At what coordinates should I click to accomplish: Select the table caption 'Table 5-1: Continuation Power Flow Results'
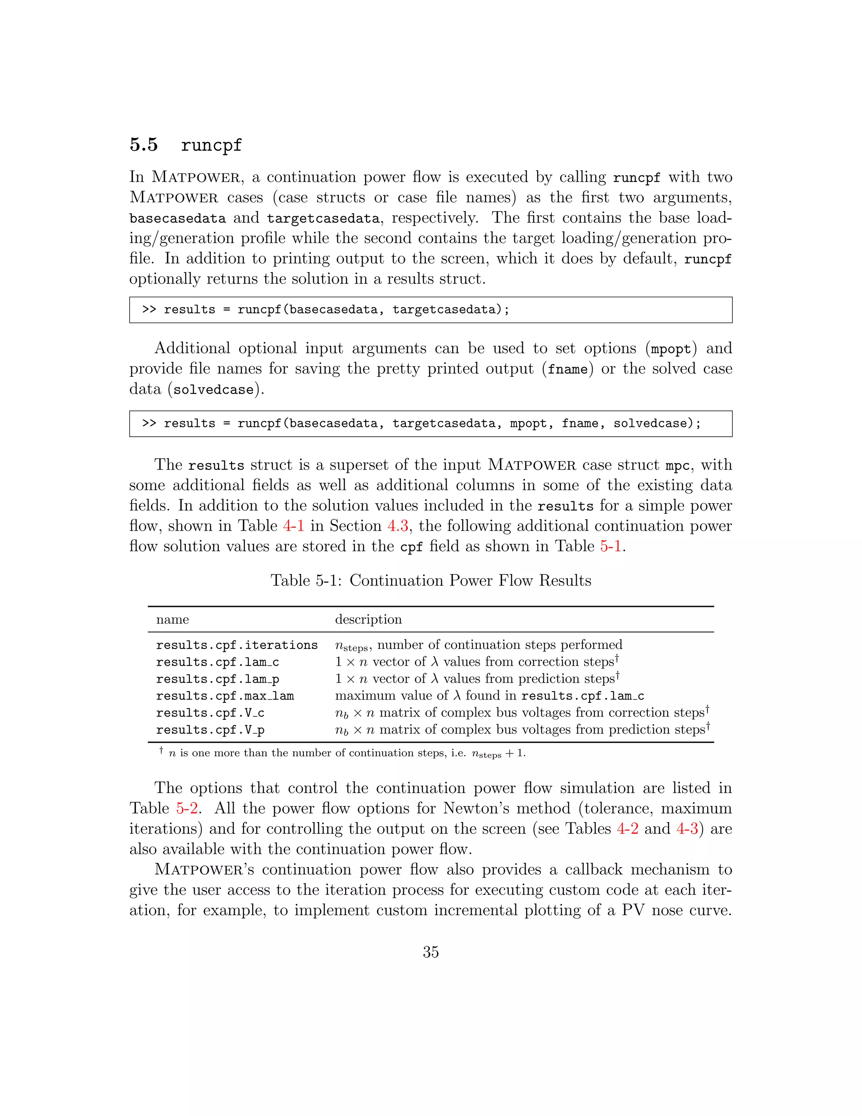(x=431, y=580)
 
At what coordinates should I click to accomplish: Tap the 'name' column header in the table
(x=172, y=620)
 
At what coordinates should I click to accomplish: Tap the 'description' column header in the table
(x=368, y=619)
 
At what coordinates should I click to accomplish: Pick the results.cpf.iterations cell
(x=237, y=645)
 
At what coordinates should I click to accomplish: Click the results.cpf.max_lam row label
(x=225, y=696)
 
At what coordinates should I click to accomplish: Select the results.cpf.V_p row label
(x=210, y=730)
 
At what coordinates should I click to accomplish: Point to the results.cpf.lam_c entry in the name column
(x=217, y=662)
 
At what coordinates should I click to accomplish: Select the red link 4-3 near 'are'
(x=687, y=829)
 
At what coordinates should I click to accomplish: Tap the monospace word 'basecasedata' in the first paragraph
(x=177, y=219)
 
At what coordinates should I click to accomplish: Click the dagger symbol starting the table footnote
(x=161, y=750)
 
